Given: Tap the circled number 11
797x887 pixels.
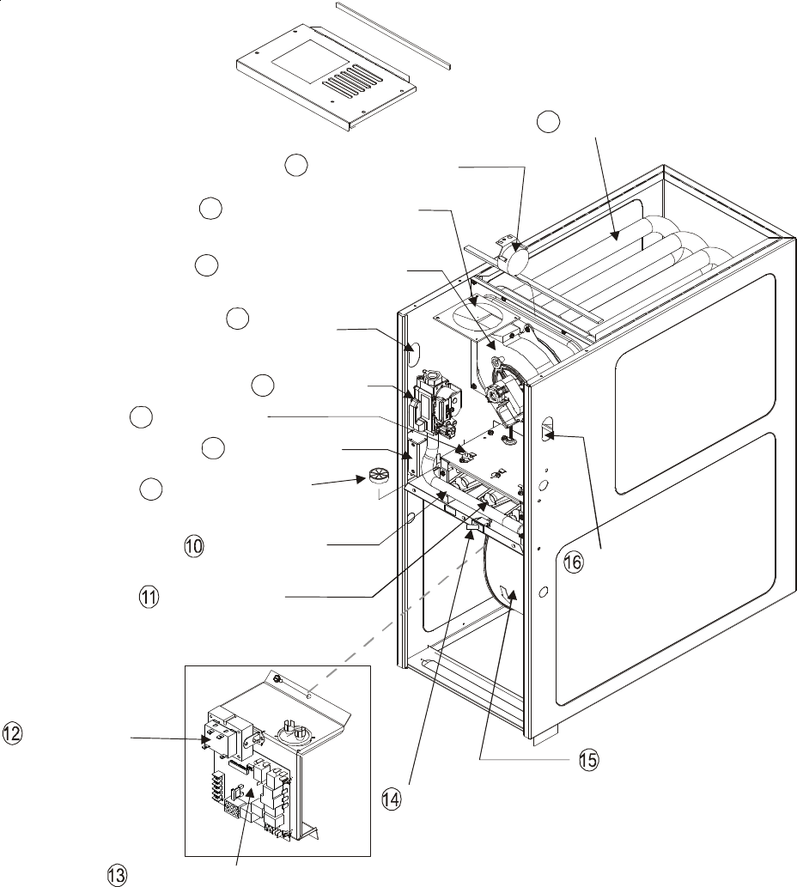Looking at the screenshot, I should click(150, 597).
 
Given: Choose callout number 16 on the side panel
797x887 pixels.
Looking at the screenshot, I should click(573, 563).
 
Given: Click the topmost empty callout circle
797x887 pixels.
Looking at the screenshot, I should click(546, 122).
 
